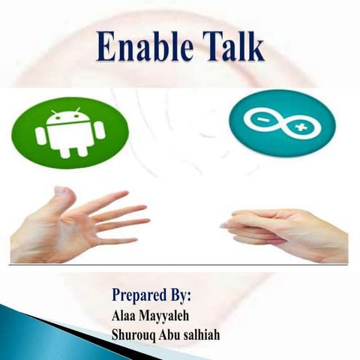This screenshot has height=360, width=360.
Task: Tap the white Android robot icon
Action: point(70,133)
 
